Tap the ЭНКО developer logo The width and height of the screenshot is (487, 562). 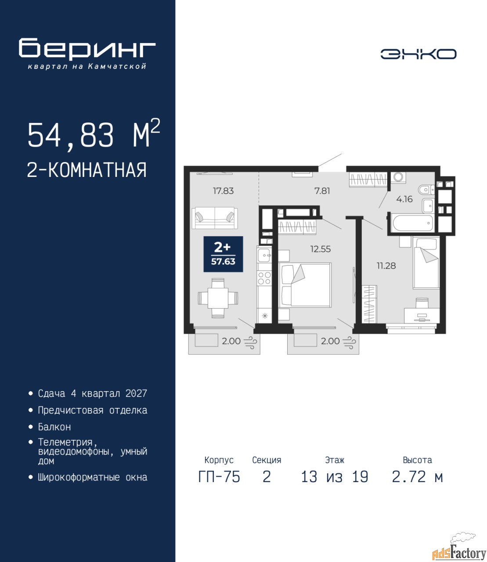[418, 54]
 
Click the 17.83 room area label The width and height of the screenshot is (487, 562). [223, 191]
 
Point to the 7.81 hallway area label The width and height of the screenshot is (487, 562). [322, 191]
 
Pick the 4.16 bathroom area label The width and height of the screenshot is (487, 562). [404, 199]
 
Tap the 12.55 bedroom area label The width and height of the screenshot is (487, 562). [321, 249]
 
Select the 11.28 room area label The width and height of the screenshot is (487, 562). [386, 266]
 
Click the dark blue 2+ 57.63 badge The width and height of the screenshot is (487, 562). [223, 254]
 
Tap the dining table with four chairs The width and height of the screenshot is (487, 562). [218, 298]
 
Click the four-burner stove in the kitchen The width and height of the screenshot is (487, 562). [264, 277]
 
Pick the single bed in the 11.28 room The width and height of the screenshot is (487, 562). [426, 263]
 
